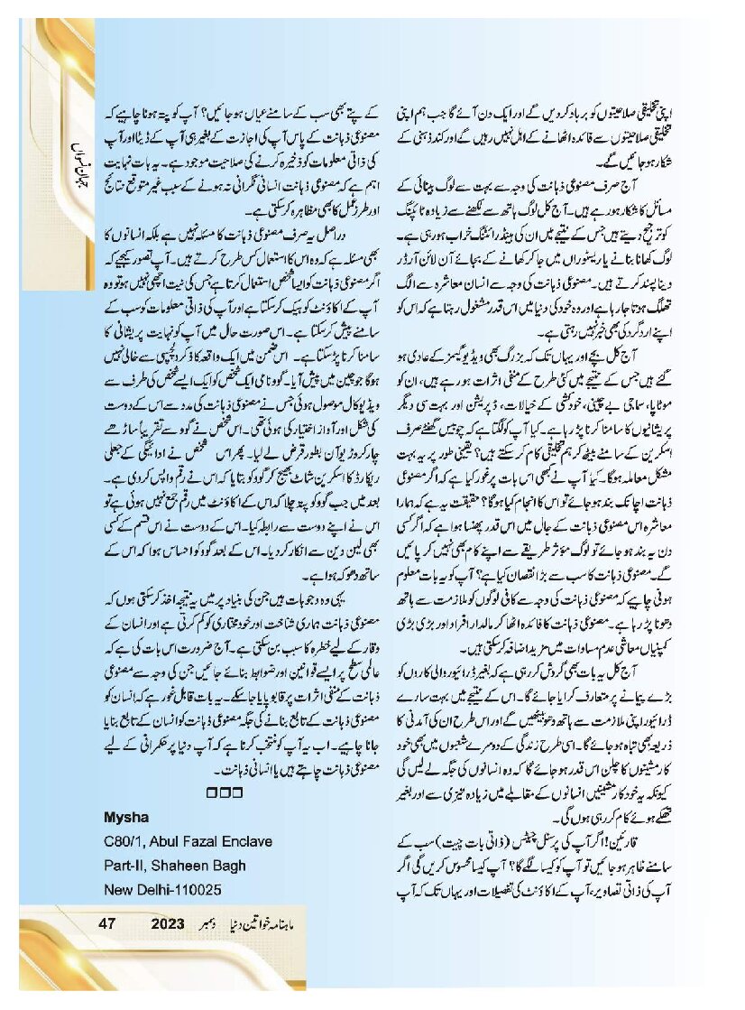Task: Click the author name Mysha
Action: point(125,819)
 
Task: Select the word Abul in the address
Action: point(177,842)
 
